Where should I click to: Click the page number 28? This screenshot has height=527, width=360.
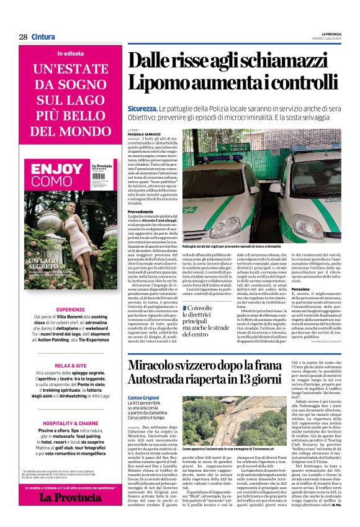click(x=23, y=37)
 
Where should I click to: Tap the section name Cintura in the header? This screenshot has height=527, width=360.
click(x=43, y=37)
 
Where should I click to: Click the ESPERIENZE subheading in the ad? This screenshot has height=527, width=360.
click(x=71, y=310)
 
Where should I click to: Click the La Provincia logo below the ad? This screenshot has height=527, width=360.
click(x=71, y=497)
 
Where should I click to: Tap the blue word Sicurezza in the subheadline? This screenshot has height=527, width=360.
click(x=142, y=108)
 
